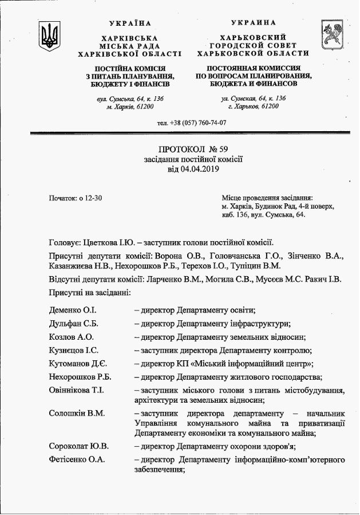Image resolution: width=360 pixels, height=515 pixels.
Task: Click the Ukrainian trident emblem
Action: (49, 37)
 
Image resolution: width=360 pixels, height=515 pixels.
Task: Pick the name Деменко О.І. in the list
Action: (73, 310)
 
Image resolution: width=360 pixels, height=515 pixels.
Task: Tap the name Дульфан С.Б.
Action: (74, 324)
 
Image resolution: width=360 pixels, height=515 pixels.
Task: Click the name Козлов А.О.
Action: (72, 337)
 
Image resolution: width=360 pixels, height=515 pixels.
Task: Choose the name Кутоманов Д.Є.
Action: (78, 363)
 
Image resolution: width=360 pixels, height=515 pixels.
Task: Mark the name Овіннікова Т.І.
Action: (78, 390)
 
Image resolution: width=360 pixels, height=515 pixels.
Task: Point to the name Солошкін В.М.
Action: (77, 413)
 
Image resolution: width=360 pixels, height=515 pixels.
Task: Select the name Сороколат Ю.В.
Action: (79, 446)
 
